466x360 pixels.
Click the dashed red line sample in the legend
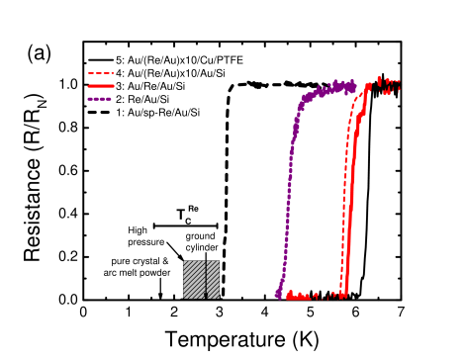point(101,73)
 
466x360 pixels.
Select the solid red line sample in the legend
point(101,86)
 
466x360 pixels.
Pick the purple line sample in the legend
point(100,99)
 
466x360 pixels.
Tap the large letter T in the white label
point(180,215)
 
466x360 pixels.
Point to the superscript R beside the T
point(190,208)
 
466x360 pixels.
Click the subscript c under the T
point(188,222)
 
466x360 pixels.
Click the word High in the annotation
point(138,230)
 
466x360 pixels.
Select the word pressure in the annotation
point(145,241)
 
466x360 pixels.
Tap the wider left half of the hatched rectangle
point(193,279)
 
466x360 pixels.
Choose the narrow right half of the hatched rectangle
point(213,279)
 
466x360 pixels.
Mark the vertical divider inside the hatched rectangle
point(205,279)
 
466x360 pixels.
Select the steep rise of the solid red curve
point(353,188)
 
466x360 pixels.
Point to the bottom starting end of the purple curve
point(278,294)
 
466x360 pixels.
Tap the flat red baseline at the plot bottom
point(312,295)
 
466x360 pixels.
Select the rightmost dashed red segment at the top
point(392,87)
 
